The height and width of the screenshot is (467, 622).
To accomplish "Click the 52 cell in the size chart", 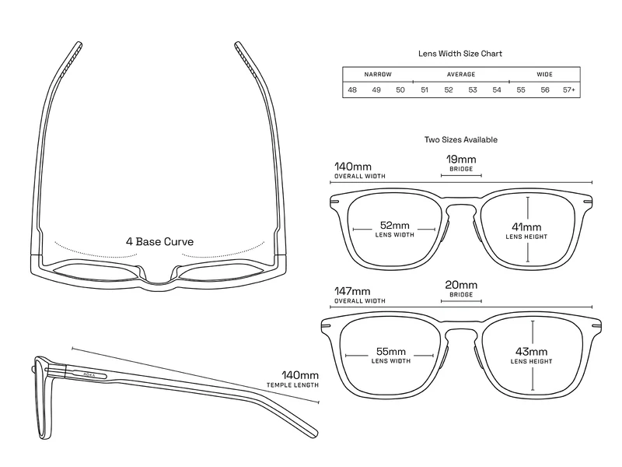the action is [x=449, y=90].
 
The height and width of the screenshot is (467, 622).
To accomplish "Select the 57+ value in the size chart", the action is [x=569, y=90].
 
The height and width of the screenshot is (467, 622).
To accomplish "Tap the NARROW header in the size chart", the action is [x=378, y=74].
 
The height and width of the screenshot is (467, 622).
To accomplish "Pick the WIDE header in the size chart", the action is [x=545, y=74].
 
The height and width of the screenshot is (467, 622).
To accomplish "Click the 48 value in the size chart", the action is [x=352, y=90].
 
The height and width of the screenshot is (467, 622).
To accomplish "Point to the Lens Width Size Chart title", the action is [x=460, y=54].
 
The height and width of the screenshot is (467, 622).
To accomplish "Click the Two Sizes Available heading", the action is [x=461, y=140].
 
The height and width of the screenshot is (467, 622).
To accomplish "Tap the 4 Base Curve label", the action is [x=160, y=242].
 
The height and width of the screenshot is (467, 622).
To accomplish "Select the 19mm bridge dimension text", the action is [x=461, y=160].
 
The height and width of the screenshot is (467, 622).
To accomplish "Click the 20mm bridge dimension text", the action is [x=461, y=285].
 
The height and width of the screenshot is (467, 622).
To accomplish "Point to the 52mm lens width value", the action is [x=395, y=226].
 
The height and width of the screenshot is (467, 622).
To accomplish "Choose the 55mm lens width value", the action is [x=391, y=352].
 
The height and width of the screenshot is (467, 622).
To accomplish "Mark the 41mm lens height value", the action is [x=526, y=227].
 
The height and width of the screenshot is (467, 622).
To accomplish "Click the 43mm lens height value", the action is [x=532, y=352].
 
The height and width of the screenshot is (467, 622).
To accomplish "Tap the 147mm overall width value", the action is [x=352, y=291].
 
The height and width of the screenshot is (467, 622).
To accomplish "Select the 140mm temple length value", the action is [x=300, y=375].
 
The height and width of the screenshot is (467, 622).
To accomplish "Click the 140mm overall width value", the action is [x=353, y=167].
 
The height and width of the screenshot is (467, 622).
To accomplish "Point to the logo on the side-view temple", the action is [x=89, y=374].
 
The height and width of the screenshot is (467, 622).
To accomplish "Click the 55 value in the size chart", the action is [x=521, y=90].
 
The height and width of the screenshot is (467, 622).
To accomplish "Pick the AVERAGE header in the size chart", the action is [x=461, y=74].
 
